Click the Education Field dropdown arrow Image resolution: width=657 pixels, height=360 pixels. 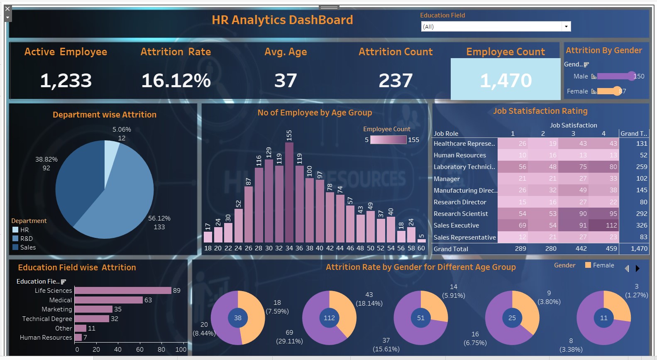point(566,27)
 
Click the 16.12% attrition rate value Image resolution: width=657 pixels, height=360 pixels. point(176,81)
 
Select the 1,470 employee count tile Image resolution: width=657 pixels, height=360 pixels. point(506,80)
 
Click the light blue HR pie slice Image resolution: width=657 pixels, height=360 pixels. point(111,152)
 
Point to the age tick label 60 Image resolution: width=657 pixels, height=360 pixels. point(421,248)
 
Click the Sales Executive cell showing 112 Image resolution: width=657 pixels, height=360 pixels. point(604,225)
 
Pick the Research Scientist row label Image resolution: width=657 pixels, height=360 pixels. point(461,214)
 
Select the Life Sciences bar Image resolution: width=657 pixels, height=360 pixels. point(123,290)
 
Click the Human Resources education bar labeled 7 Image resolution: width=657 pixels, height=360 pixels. point(78,338)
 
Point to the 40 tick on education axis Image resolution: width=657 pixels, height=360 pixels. point(118,350)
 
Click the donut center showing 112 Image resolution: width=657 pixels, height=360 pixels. point(329,318)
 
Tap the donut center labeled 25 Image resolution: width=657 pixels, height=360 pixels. point(512,318)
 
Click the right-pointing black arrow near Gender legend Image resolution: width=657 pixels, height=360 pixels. point(637,269)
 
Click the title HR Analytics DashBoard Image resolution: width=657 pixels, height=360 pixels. point(282,20)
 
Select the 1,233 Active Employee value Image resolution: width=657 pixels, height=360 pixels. point(66,81)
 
